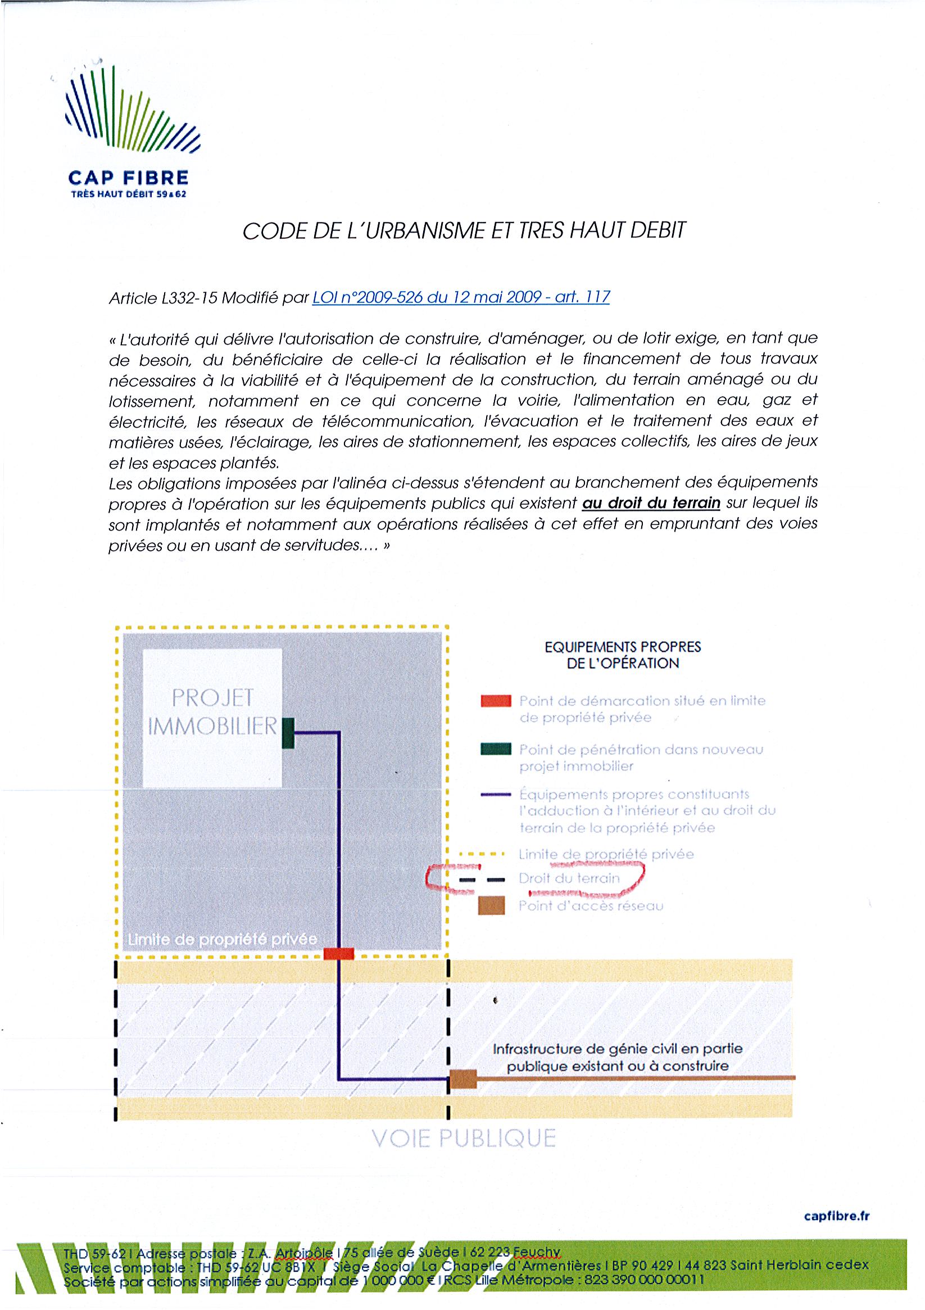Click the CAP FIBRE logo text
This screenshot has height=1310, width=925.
[128, 178]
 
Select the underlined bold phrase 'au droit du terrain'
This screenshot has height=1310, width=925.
[651, 503]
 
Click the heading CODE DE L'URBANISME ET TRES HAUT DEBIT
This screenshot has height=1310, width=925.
[464, 230]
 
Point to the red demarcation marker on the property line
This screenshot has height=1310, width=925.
[338, 953]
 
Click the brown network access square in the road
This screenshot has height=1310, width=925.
[463, 1078]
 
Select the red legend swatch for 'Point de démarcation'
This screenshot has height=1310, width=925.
[495, 701]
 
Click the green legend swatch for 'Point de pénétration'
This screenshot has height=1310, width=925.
[495, 749]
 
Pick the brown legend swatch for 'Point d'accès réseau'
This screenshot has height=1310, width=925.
[492, 905]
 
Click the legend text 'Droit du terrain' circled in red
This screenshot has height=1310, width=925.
[569, 878]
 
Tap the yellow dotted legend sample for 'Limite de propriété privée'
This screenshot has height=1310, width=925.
[482, 855]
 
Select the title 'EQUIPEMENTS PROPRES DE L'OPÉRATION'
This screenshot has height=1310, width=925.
[622, 655]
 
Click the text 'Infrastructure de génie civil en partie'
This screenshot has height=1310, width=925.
[618, 1049]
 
